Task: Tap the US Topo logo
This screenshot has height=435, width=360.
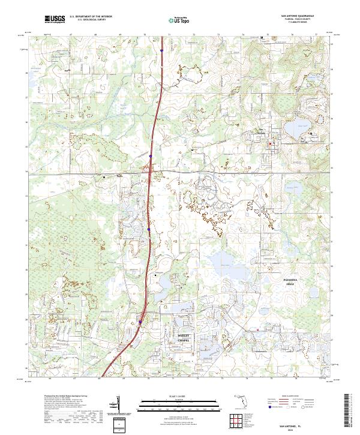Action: coord(173,20)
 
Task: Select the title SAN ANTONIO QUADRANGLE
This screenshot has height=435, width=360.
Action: coord(296,16)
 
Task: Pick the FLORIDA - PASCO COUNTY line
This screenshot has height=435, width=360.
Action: coord(296,19)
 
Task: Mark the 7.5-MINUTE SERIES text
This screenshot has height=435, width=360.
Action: coord(296,22)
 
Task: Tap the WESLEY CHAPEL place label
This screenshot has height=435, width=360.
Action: coord(184,338)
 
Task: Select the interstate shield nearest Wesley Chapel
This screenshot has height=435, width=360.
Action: coord(140,322)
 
